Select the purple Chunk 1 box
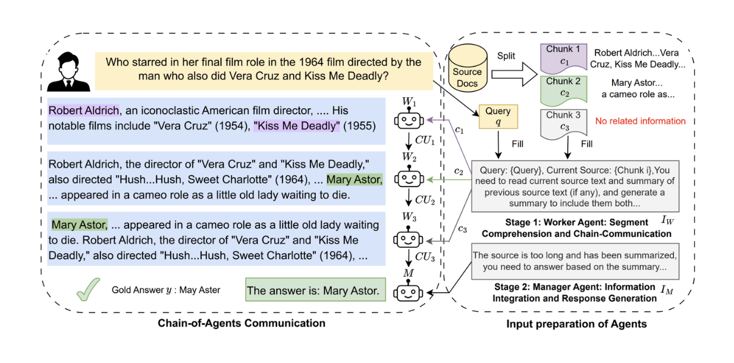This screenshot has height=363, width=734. (563, 56)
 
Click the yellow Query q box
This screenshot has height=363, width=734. (497, 116)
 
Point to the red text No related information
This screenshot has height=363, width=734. (640, 121)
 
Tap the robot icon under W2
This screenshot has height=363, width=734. (408, 178)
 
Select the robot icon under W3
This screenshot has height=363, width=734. (408, 238)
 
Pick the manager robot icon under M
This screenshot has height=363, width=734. (408, 292)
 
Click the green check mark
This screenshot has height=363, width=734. (87, 289)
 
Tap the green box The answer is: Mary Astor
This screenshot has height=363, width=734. (312, 291)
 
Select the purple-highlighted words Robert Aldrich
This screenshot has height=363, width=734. (84, 111)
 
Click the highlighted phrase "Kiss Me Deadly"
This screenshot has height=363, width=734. (296, 125)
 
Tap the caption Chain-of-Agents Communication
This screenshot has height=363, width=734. (241, 323)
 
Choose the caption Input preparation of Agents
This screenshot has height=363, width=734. (576, 324)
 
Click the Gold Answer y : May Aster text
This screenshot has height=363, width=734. (165, 290)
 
